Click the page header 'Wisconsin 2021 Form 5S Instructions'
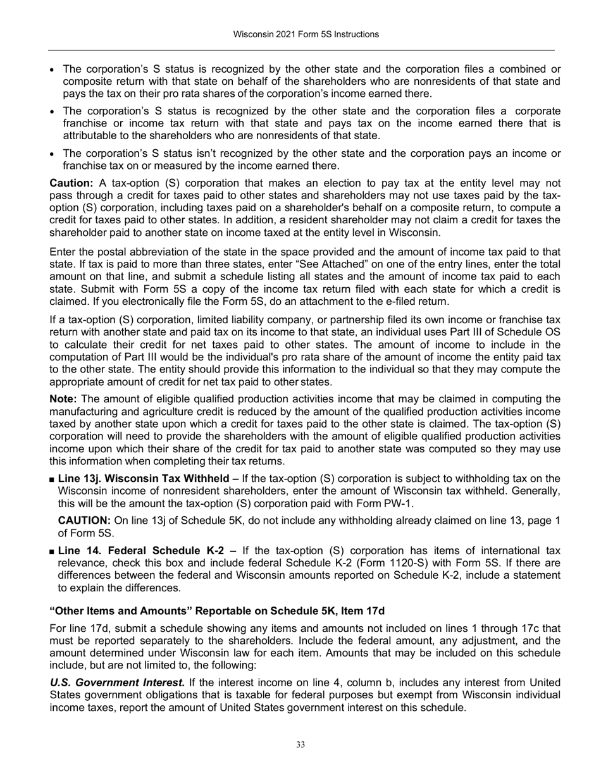click(300, 34)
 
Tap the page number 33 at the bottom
click(300, 745)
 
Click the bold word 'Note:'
click(64, 398)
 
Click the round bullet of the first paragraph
click(53, 70)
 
